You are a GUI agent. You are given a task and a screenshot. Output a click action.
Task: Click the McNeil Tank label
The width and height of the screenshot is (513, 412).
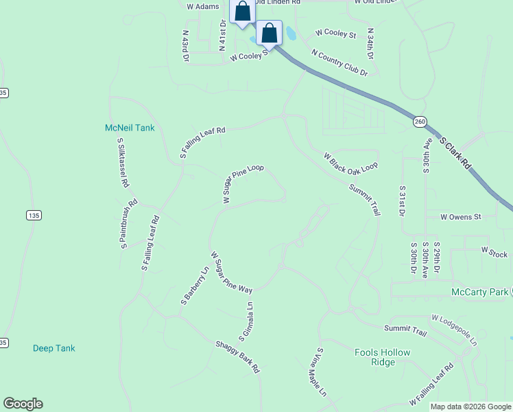pos(130,128)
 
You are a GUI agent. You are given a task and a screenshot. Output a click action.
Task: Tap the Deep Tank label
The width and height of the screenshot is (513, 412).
pos(54,348)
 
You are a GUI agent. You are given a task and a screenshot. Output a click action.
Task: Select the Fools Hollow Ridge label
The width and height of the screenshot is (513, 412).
pos(382,357)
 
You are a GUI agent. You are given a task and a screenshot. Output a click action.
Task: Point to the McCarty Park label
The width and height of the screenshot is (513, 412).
pos(480,293)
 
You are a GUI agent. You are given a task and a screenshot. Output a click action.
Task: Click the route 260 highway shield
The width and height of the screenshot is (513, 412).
pos(420,122)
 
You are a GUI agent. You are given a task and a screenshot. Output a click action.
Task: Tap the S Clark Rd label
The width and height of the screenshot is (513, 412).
pos(456,153)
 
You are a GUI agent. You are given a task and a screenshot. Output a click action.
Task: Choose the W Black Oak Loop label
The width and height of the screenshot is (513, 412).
pos(350,161)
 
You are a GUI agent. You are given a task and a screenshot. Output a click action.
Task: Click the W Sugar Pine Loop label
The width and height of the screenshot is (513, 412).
pos(243,183)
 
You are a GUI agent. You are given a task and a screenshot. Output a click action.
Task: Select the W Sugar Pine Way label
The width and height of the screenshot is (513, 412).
pos(232,272)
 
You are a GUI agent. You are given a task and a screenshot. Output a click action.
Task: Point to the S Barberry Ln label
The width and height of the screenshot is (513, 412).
pos(195,286)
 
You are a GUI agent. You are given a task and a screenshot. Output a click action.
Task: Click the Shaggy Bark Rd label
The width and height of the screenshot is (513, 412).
pos(237,356)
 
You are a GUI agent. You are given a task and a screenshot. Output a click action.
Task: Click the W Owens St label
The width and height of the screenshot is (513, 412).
pos(461,216)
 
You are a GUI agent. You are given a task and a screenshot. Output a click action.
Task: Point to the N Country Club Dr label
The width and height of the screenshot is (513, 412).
pos(339,62)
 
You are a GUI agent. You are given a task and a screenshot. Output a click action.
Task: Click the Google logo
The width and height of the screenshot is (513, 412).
pos(23,404)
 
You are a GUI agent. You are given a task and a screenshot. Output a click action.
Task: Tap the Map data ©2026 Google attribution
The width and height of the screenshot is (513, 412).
pos(470,407)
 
